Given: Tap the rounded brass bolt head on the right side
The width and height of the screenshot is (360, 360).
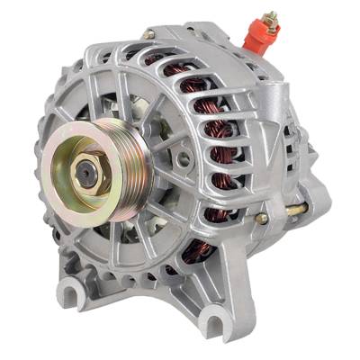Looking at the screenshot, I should (262, 218).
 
